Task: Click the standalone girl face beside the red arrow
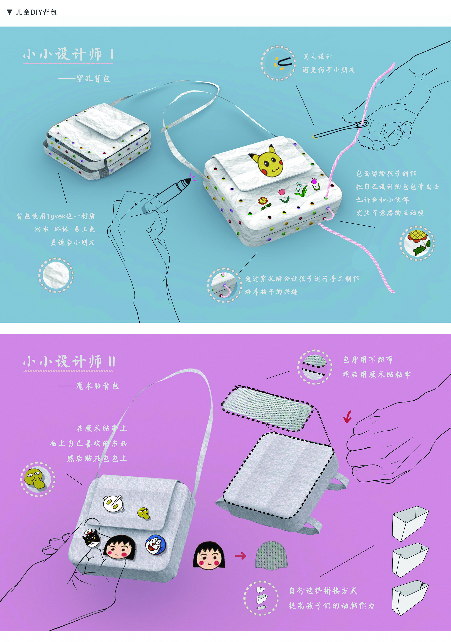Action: click(x=209, y=556)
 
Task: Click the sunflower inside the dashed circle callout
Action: click(x=418, y=242)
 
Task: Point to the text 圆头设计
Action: click(x=318, y=57)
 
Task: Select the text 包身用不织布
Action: click(x=368, y=360)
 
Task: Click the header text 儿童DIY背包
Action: click(x=36, y=12)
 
